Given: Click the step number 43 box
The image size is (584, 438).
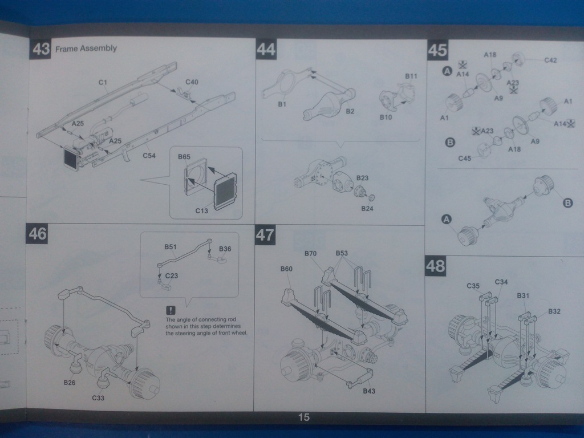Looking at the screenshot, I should tap(41, 49).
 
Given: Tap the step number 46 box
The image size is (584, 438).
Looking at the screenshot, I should tap(38, 234).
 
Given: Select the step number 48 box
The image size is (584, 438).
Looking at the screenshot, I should tap(435, 266).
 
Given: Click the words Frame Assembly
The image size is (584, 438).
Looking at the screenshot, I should tap(86, 48).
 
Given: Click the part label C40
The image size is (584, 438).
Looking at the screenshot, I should tap(192, 82).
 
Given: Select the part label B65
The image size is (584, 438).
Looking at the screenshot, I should tap(184, 156).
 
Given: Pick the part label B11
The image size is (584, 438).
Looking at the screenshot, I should tap(411, 76).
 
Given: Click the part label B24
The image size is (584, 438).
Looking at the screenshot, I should tap(367, 208).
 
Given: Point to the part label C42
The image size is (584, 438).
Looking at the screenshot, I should tap(550, 60).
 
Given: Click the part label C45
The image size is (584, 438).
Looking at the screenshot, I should tap(465, 159).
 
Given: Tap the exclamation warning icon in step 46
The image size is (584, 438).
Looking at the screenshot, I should tap(171, 310).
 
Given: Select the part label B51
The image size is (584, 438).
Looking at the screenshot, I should tap(171, 247).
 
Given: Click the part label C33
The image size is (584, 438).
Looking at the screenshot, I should tap(98, 398).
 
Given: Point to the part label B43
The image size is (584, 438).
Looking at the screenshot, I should tap(370, 391).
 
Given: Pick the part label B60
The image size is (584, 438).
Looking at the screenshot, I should tap(286, 269).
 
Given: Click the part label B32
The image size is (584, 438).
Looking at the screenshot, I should tap(554, 311).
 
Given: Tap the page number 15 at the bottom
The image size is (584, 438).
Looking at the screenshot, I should tap(303, 418).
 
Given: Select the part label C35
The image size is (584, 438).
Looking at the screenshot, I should tap(473, 286).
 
